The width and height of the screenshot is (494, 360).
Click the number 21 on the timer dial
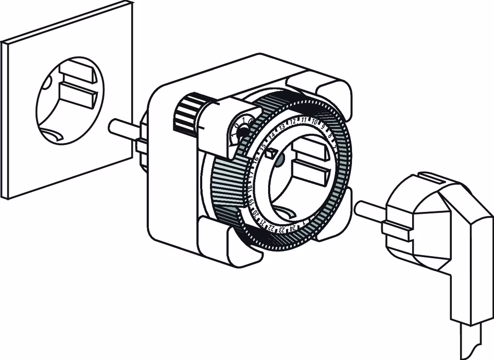[x=262, y=221]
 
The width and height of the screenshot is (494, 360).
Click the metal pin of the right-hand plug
[x=369, y=211]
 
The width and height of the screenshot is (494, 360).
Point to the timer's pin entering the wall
[x=123, y=127]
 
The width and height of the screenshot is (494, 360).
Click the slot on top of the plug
[x=436, y=179]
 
